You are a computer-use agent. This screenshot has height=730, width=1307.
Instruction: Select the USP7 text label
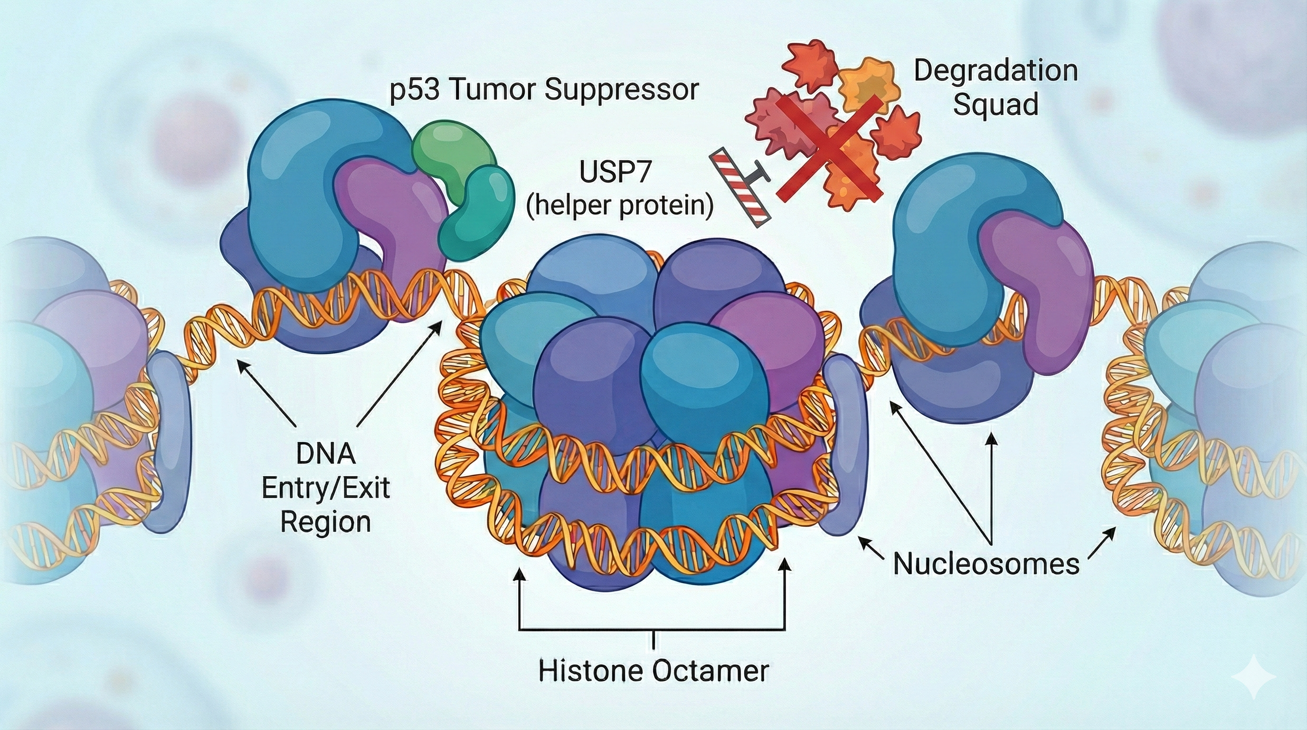[615, 173]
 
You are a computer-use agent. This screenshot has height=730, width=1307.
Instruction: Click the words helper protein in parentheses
[619, 206]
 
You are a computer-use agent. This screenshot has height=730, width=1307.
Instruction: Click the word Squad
[995, 105]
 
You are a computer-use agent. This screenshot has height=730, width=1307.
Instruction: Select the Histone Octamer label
[653, 671]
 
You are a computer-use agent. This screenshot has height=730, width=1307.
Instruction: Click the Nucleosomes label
[985, 564]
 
